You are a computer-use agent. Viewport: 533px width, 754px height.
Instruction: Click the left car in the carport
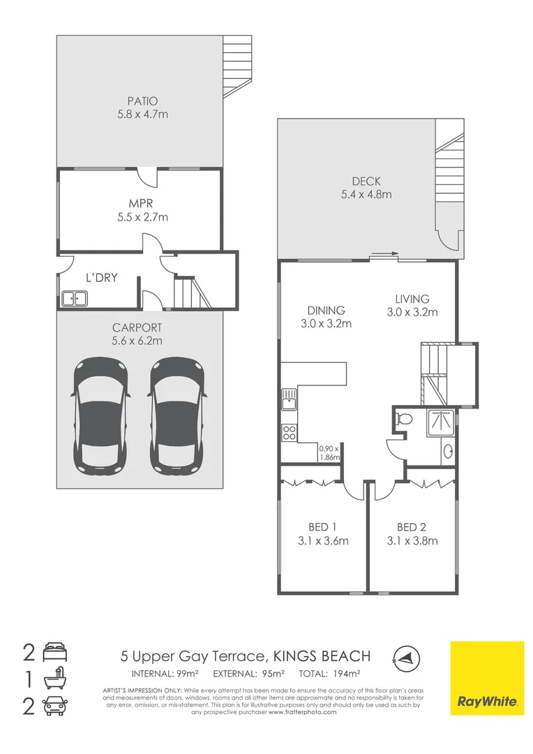pos(101,413)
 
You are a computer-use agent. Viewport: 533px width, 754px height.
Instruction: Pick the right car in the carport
pos(177,413)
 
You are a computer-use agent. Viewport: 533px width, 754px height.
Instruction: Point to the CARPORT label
pos(137,327)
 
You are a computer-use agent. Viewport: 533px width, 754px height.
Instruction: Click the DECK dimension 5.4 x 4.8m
pos(366,195)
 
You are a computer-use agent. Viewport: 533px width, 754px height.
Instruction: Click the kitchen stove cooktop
pos(288,431)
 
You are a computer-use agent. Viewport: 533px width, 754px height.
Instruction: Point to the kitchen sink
pos(288,400)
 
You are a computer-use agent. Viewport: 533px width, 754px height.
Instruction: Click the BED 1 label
pos(323,527)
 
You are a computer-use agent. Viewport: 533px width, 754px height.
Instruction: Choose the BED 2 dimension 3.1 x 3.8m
pos(412,540)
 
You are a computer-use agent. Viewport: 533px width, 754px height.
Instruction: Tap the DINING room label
pos(326,311)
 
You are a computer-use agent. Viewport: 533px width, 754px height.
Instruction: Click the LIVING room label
pos(412,299)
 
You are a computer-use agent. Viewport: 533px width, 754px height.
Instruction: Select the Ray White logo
pos(486,678)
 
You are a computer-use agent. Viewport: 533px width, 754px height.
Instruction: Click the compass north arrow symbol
pos(403,656)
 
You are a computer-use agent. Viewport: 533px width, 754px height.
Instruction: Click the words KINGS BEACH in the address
pos(322,656)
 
